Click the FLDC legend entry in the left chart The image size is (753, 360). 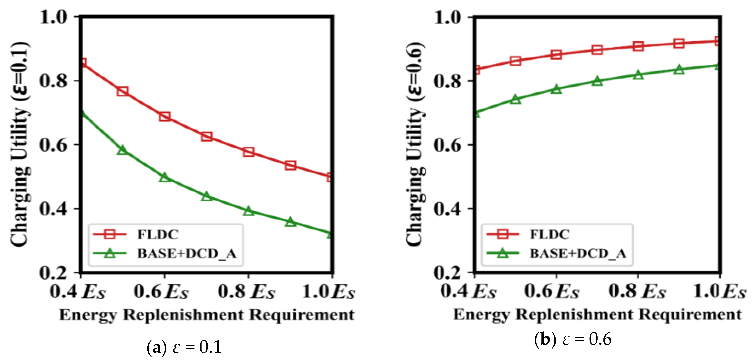158,235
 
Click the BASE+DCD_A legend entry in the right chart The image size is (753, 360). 578,253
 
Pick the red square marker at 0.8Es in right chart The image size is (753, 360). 638,46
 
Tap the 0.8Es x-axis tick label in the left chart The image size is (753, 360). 246,292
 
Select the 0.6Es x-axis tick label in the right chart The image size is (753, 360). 552,292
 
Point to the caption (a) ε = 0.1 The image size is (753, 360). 184,347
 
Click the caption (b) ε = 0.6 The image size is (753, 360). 573,339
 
